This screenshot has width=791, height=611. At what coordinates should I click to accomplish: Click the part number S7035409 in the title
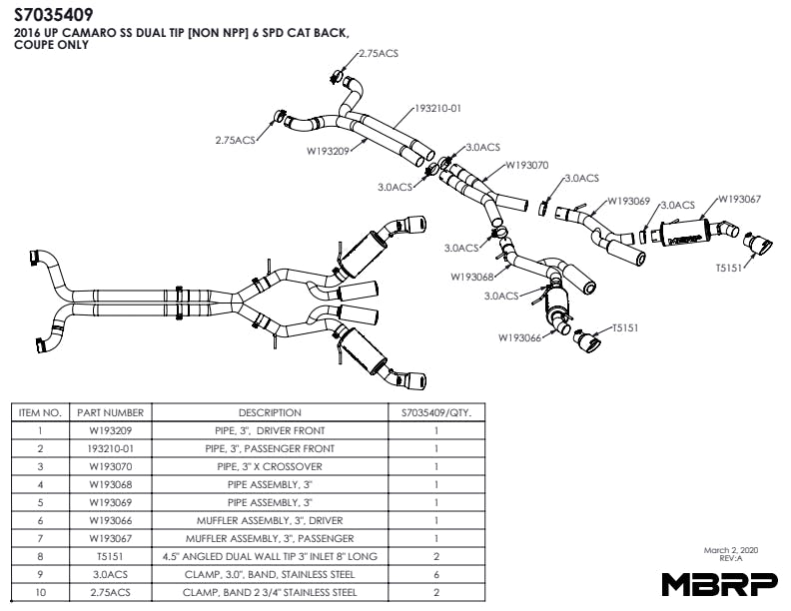click(x=54, y=15)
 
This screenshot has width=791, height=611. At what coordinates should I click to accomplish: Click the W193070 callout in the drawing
click(x=527, y=166)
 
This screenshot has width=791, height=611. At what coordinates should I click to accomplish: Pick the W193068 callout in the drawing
click(x=471, y=277)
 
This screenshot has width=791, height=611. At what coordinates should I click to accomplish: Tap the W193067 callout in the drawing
click(x=739, y=199)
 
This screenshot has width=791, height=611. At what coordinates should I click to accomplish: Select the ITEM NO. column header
click(x=41, y=412)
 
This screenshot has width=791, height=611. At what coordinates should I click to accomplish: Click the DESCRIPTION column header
click(x=269, y=412)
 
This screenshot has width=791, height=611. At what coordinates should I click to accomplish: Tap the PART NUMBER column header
click(x=110, y=412)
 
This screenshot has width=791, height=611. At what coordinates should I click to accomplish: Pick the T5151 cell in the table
click(x=110, y=556)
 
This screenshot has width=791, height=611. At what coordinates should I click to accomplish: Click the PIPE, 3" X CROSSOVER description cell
click(x=269, y=466)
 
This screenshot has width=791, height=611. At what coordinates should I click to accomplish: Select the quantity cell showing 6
click(x=436, y=574)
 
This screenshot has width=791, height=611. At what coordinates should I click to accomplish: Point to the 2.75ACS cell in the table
click(x=110, y=592)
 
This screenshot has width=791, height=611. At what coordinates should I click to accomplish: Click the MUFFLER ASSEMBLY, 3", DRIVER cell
click(x=269, y=520)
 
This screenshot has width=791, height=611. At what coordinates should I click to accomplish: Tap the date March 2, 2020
click(x=731, y=550)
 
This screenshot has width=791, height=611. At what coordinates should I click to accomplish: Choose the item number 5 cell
click(x=41, y=502)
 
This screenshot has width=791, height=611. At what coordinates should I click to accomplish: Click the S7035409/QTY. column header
click(x=436, y=412)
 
